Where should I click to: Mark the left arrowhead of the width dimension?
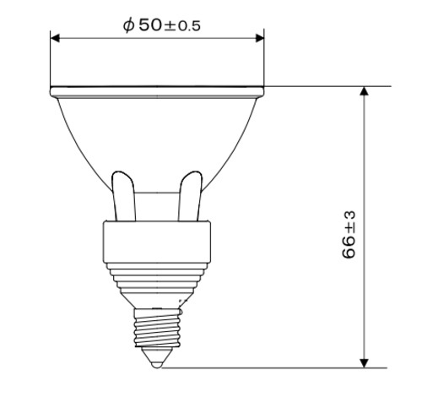click(56, 38)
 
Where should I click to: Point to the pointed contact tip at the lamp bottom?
click(158, 362)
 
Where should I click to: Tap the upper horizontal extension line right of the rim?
click(329, 87)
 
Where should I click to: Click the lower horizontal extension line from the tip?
click(279, 367)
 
